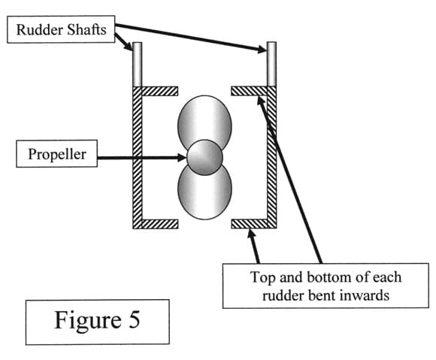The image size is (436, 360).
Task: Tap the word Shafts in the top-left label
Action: (86, 29)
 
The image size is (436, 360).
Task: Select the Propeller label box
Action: (56, 154)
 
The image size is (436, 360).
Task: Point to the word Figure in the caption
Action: (88, 321)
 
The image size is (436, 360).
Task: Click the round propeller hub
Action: (204, 157)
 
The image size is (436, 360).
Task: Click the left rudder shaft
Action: (138, 64)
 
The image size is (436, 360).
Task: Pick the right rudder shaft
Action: (271, 64)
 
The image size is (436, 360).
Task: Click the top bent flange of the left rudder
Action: (159, 91)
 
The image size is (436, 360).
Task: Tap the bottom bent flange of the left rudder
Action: (159, 224)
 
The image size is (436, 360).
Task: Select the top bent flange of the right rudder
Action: (249, 91)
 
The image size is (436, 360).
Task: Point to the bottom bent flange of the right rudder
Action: (249, 224)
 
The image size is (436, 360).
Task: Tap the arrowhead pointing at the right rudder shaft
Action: (262, 50)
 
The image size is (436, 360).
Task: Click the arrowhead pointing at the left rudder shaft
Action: (129, 46)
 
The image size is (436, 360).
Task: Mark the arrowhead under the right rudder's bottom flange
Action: (251, 234)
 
